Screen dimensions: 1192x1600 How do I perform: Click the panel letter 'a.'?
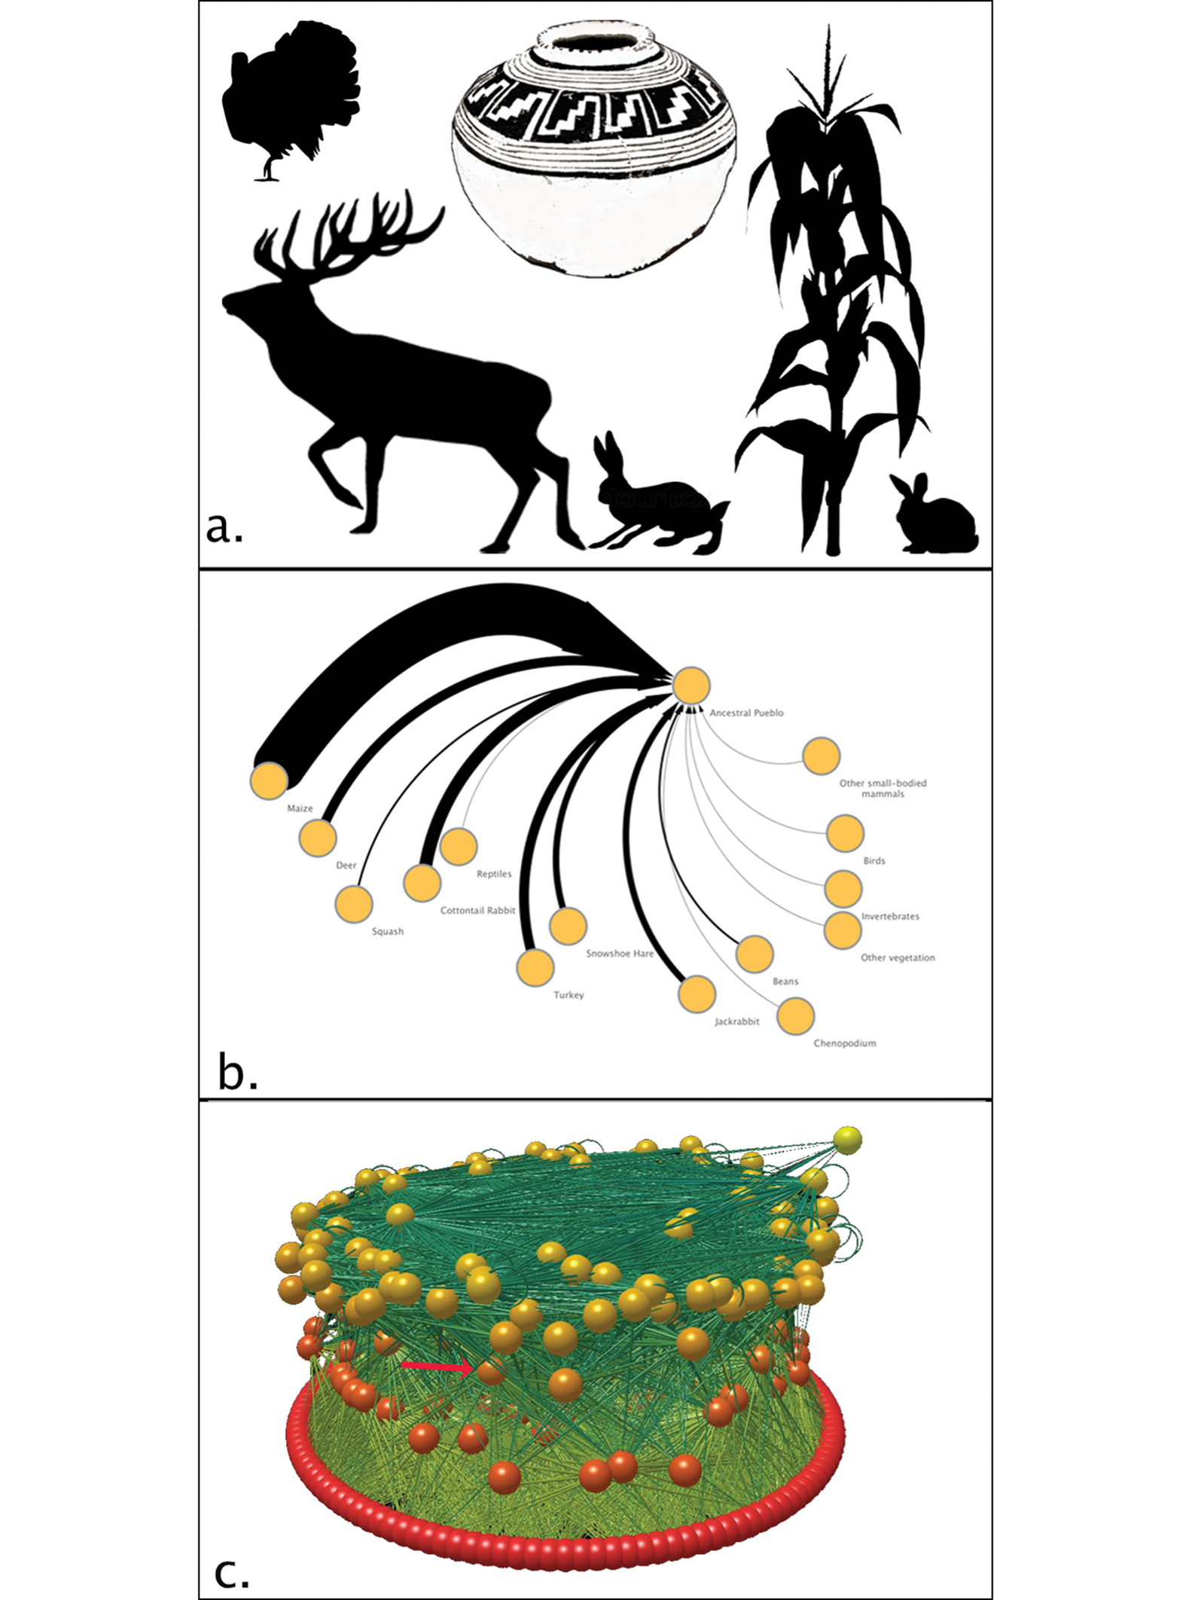pos(224,528)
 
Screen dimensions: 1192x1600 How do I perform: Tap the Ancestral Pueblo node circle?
pos(691,686)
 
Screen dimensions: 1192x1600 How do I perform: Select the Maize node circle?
pos(269,780)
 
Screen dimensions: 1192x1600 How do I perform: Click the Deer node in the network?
pos(318,838)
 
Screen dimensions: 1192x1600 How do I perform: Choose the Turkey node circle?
pos(535,967)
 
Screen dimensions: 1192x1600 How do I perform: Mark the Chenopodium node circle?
pos(796,1016)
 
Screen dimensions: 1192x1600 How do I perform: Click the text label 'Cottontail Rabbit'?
pos(477,910)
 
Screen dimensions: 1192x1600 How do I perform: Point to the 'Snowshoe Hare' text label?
pos(620,953)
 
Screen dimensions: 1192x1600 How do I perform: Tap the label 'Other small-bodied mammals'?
pos(883,788)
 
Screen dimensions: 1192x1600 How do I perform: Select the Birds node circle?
pos(845,833)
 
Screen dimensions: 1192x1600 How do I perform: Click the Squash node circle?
pos(354,904)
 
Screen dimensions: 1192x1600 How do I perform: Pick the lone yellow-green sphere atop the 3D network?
pos(848,1140)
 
